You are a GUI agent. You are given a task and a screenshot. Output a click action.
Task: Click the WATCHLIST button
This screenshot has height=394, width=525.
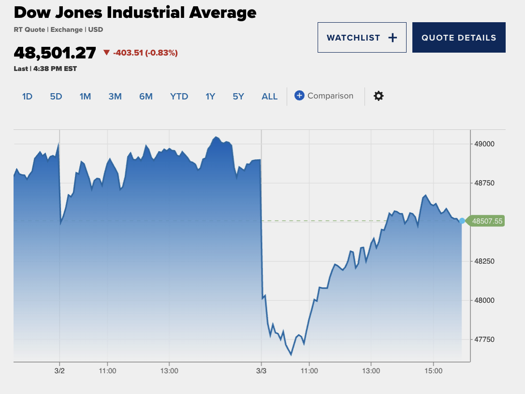click(x=362, y=38)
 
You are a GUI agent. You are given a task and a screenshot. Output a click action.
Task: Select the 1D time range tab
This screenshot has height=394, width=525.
click(x=27, y=96)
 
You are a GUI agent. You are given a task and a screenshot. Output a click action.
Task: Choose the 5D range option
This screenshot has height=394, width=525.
click(x=56, y=96)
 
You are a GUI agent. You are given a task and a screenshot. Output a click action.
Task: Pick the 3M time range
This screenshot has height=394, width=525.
click(x=115, y=96)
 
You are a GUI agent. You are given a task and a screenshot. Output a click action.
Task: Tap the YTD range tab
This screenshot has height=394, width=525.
click(x=179, y=96)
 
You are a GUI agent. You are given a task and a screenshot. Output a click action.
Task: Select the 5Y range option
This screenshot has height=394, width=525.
click(x=238, y=96)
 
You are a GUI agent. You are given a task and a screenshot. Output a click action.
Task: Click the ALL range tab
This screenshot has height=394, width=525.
click(x=270, y=96)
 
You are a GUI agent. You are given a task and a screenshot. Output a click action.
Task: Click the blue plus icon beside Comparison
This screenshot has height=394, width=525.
click(x=299, y=96)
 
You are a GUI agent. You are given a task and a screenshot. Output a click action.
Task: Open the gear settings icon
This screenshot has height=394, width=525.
click(x=379, y=96)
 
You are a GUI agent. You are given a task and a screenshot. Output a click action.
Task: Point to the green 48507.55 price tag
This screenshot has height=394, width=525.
click(x=487, y=221)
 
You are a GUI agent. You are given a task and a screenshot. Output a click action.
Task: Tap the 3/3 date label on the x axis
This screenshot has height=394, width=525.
click(x=261, y=371)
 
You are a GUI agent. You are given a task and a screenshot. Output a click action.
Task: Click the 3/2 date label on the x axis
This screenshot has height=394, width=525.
click(x=59, y=371)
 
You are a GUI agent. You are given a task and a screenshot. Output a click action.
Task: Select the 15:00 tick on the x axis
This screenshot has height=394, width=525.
click(x=433, y=371)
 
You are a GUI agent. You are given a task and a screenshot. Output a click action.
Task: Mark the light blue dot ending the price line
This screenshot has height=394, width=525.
click(x=462, y=221)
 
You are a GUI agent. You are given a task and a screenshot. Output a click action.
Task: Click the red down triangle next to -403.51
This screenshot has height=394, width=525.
click(x=107, y=53)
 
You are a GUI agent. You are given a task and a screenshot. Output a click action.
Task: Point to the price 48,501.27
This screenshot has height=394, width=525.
click(x=55, y=52)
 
